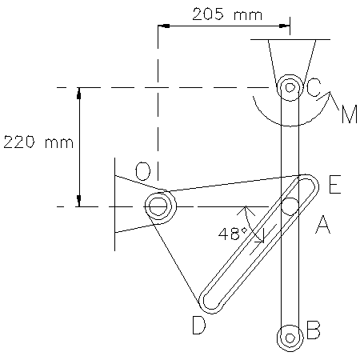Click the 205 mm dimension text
click(x=227, y=14)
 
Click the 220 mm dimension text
click(x=38, y=142)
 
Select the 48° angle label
click(x=233, y=234)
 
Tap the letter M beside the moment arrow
click(x=350, y=114)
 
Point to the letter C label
click(x=313, y=87)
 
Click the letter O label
click(x=143, y=171)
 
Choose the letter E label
click(x=334, y=184)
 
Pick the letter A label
click(x=322, y=225)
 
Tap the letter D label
click(x=199, y=325)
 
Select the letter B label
click(x=313, y=330)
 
